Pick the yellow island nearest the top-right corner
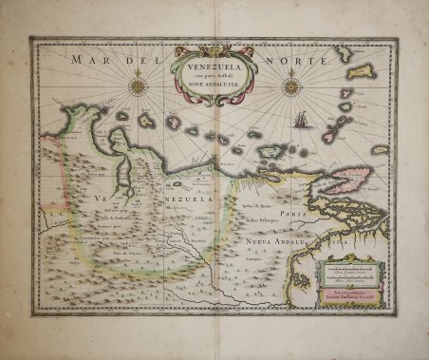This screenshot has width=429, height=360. coord(363,71)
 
